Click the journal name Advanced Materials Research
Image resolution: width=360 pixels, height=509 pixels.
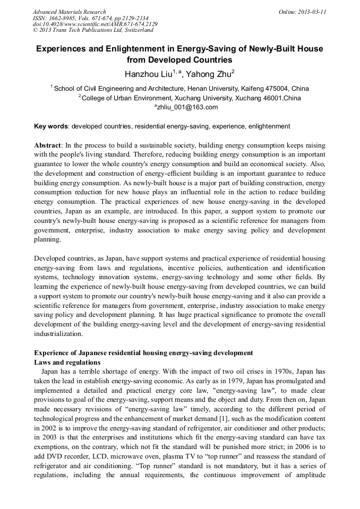69,12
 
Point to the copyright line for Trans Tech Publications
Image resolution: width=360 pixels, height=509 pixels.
93,30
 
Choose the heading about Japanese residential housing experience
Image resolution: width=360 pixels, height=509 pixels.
143,353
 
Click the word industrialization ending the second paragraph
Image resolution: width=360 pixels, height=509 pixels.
58,334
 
